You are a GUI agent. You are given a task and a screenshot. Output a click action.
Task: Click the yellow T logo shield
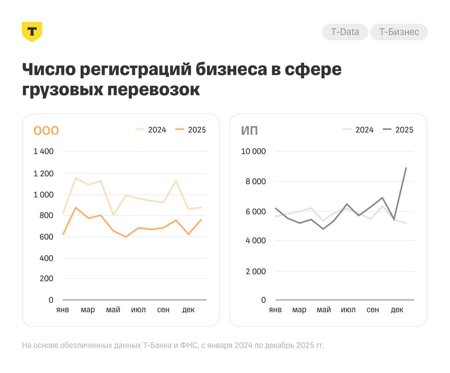32,32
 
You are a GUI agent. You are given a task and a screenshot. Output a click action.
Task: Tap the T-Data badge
345,32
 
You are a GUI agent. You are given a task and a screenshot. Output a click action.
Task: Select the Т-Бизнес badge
399,32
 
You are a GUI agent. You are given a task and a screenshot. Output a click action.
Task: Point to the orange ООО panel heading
46,130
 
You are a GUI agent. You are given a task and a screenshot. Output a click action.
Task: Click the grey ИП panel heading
250,130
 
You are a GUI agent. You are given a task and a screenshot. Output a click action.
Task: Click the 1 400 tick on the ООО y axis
44,151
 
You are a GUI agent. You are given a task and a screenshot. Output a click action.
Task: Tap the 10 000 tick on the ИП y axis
253,151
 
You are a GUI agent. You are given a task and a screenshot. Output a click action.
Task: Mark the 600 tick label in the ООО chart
46,237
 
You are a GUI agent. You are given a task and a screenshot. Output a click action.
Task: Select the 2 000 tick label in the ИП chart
256,271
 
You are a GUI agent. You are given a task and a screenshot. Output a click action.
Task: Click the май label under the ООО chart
113,309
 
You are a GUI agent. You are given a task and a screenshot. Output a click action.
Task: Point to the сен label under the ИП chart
373,309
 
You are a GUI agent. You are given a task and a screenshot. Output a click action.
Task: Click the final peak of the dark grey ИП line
406,168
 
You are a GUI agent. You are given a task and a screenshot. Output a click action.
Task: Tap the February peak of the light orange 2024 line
76,178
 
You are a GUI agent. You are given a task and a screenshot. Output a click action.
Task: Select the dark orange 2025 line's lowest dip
126,237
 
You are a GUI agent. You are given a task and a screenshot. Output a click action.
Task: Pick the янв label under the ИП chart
275,309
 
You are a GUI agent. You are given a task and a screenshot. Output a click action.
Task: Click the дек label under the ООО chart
188,309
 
